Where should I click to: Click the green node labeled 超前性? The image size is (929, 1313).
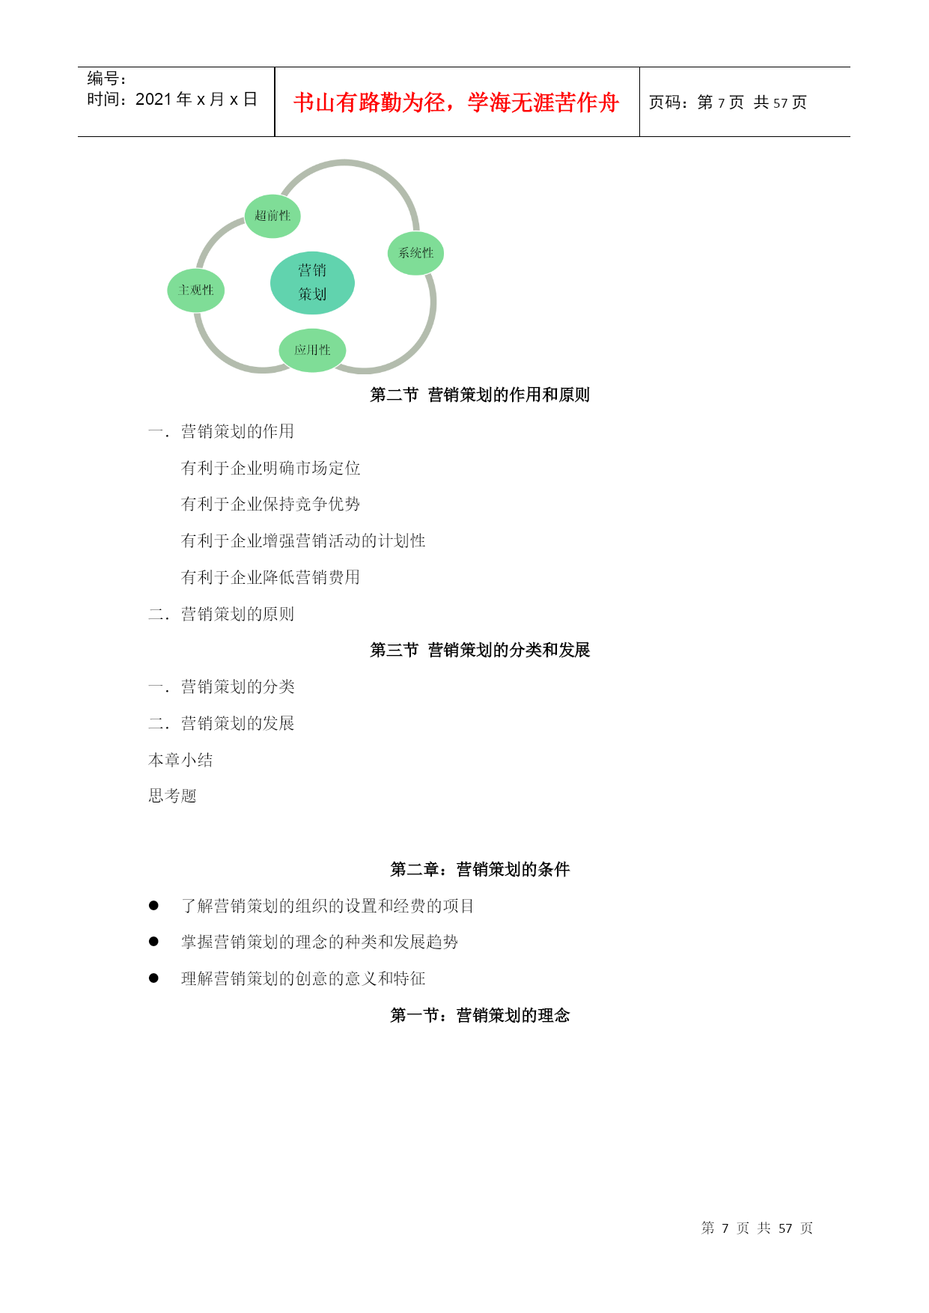tap(272, 216)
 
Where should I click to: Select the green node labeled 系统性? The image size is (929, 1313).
tap(415, 253)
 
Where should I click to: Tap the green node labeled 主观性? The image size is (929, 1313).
tap(196, 290)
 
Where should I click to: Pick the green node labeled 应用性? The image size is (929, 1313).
tap(312, 350)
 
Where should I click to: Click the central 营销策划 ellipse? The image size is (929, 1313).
tap(312, 283)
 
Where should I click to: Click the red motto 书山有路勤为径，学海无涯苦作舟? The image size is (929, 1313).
tap(456, 103)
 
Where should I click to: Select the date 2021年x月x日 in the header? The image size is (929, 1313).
tap(196, 100)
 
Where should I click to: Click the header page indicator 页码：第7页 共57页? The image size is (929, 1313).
tap(728, 103)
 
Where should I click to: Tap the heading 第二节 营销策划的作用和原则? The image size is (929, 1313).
tap(480, 394)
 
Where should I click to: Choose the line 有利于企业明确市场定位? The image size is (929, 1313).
tap(271, 468)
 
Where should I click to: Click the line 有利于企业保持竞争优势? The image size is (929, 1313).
tap(271, 504)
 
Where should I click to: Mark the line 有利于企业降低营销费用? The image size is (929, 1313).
tap(271, 577)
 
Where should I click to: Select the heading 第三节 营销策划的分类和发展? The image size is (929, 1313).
tap(480, 650)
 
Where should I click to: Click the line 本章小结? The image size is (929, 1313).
tap(180, 760)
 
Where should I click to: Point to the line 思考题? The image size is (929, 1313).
tap(172, 796)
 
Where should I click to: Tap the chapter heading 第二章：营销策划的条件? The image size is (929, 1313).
tap(480, 869)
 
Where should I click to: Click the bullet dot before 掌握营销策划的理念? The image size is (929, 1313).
tap(153, 942)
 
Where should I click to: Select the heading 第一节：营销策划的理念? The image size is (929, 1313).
tap(480, 1015)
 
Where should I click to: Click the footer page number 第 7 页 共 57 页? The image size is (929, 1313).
tap(757, 1228)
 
